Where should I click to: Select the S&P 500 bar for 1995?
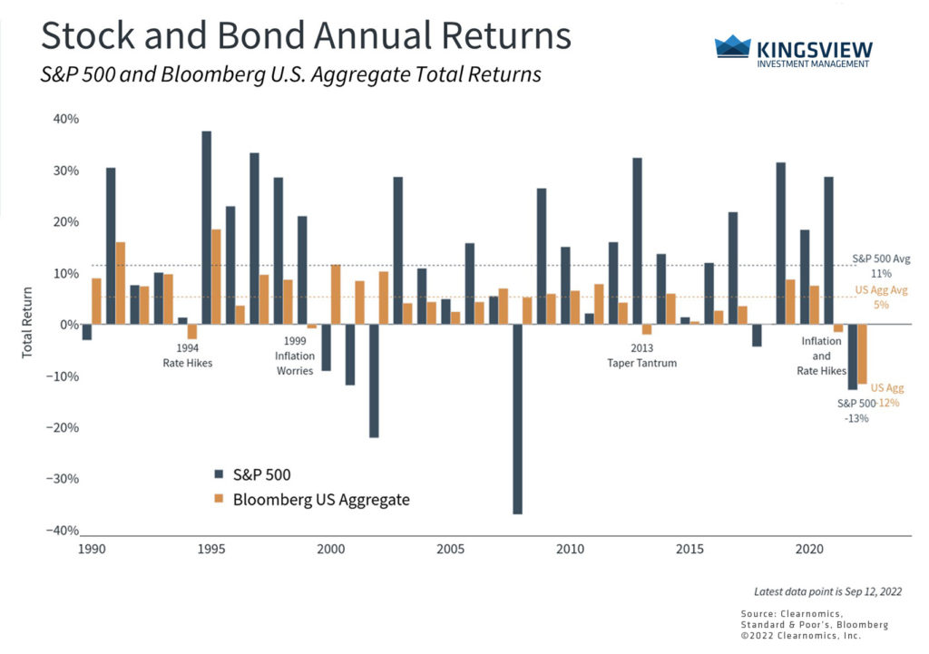pos(207,228)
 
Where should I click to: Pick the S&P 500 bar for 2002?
pos(374,381)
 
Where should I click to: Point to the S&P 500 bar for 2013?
pos(637,241)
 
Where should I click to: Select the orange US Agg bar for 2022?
pos(862,354)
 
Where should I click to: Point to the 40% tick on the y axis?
pos(66,119)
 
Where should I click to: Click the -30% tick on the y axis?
pos(64,479)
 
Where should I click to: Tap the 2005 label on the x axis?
pos(451,550)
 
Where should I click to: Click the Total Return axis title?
pos(26,325)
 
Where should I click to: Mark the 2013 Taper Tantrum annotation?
pos(642,355)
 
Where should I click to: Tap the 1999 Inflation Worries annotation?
pos(294,356)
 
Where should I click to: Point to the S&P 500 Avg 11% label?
pos(875,265)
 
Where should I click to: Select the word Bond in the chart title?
pos(252,36)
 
